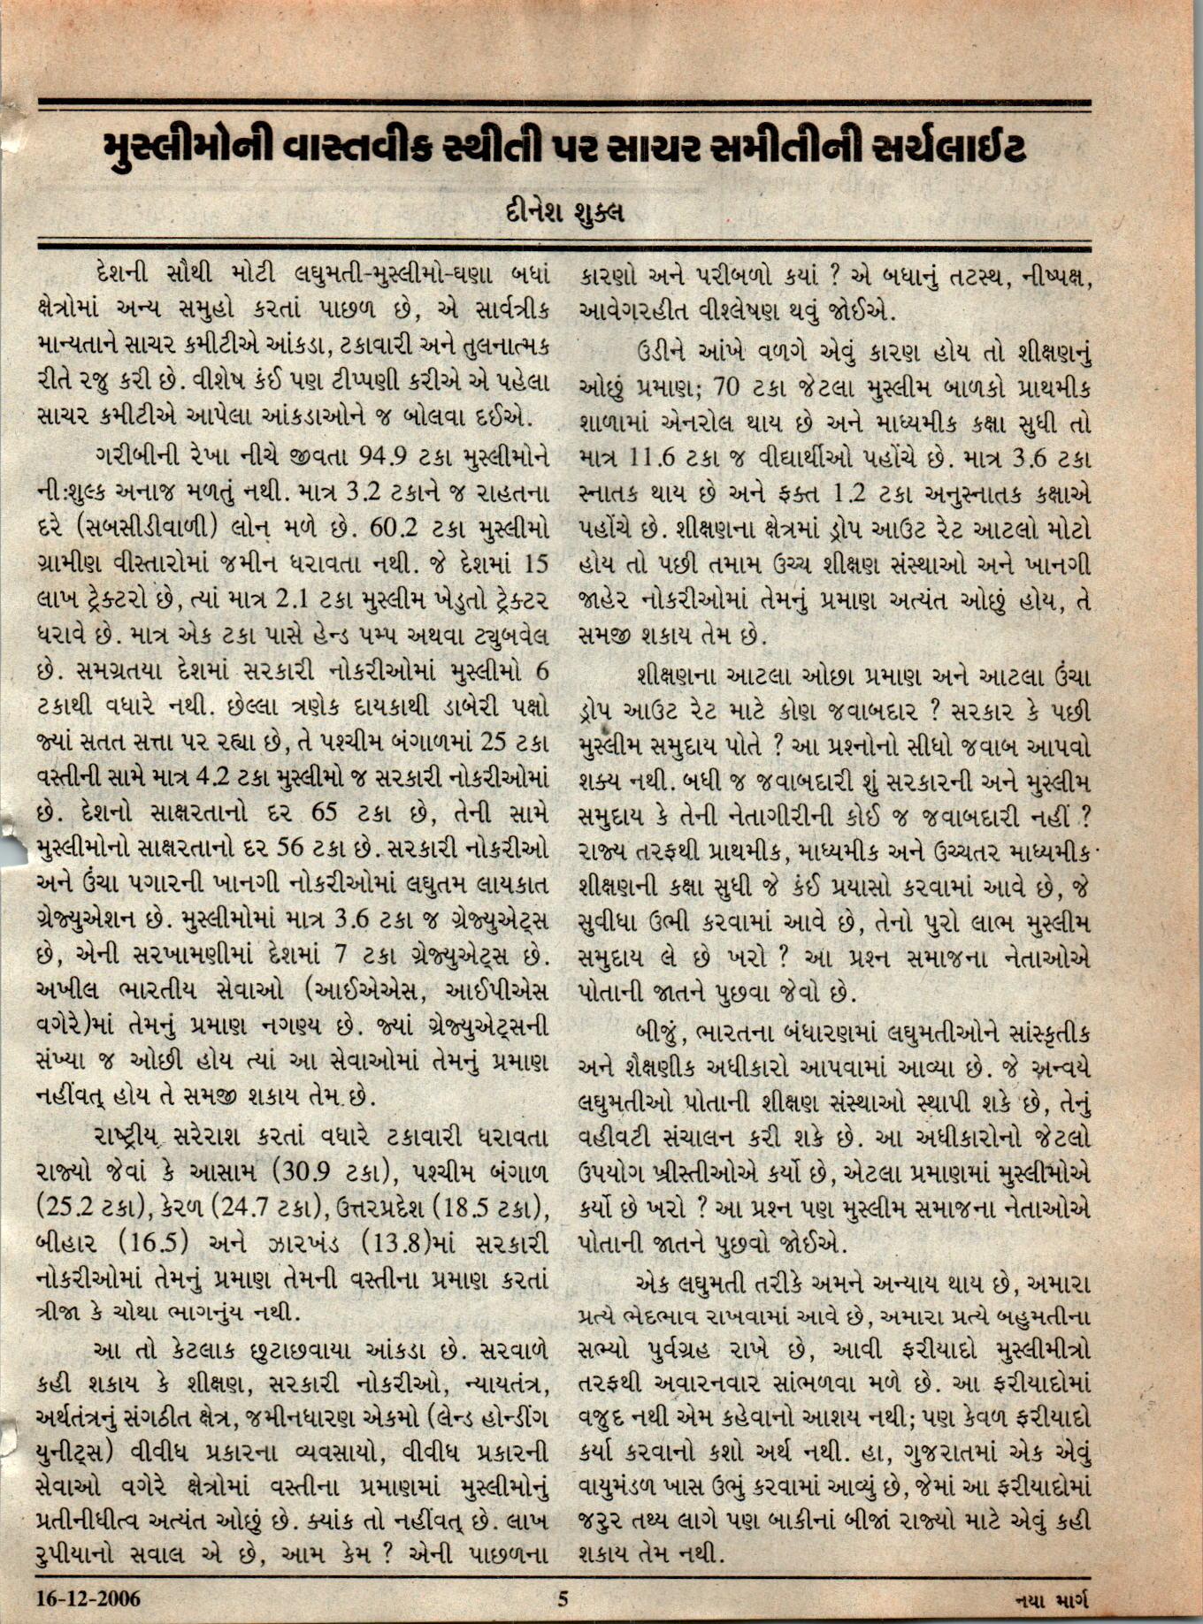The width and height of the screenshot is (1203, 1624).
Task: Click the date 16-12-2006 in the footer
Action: pyautogui.click(x=88, y=1598)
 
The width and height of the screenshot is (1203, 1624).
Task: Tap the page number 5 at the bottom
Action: pyautogui.click(x=563, y=1598)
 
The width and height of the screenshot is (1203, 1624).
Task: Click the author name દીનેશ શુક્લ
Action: pyautogui.click(x=563, y=213)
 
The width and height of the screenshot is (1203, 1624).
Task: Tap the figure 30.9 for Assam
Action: pyautogui.click(x=306, y=1171)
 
